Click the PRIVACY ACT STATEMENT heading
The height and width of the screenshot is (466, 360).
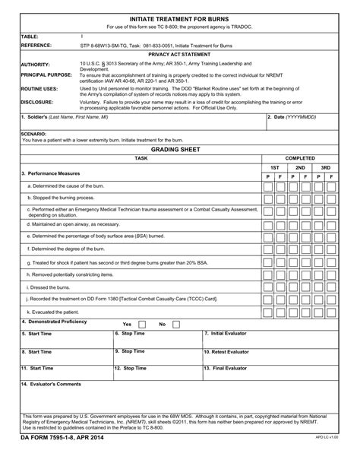point(179,55)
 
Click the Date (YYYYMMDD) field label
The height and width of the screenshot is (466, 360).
point(293,117)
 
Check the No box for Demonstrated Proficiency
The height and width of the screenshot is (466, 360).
point(176,324)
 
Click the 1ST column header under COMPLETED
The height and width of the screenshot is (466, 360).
point(274,167)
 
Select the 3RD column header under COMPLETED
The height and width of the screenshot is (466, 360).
point(325,167)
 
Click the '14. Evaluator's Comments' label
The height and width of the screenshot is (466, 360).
point(52,384)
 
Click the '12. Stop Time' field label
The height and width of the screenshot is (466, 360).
point(130,368)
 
